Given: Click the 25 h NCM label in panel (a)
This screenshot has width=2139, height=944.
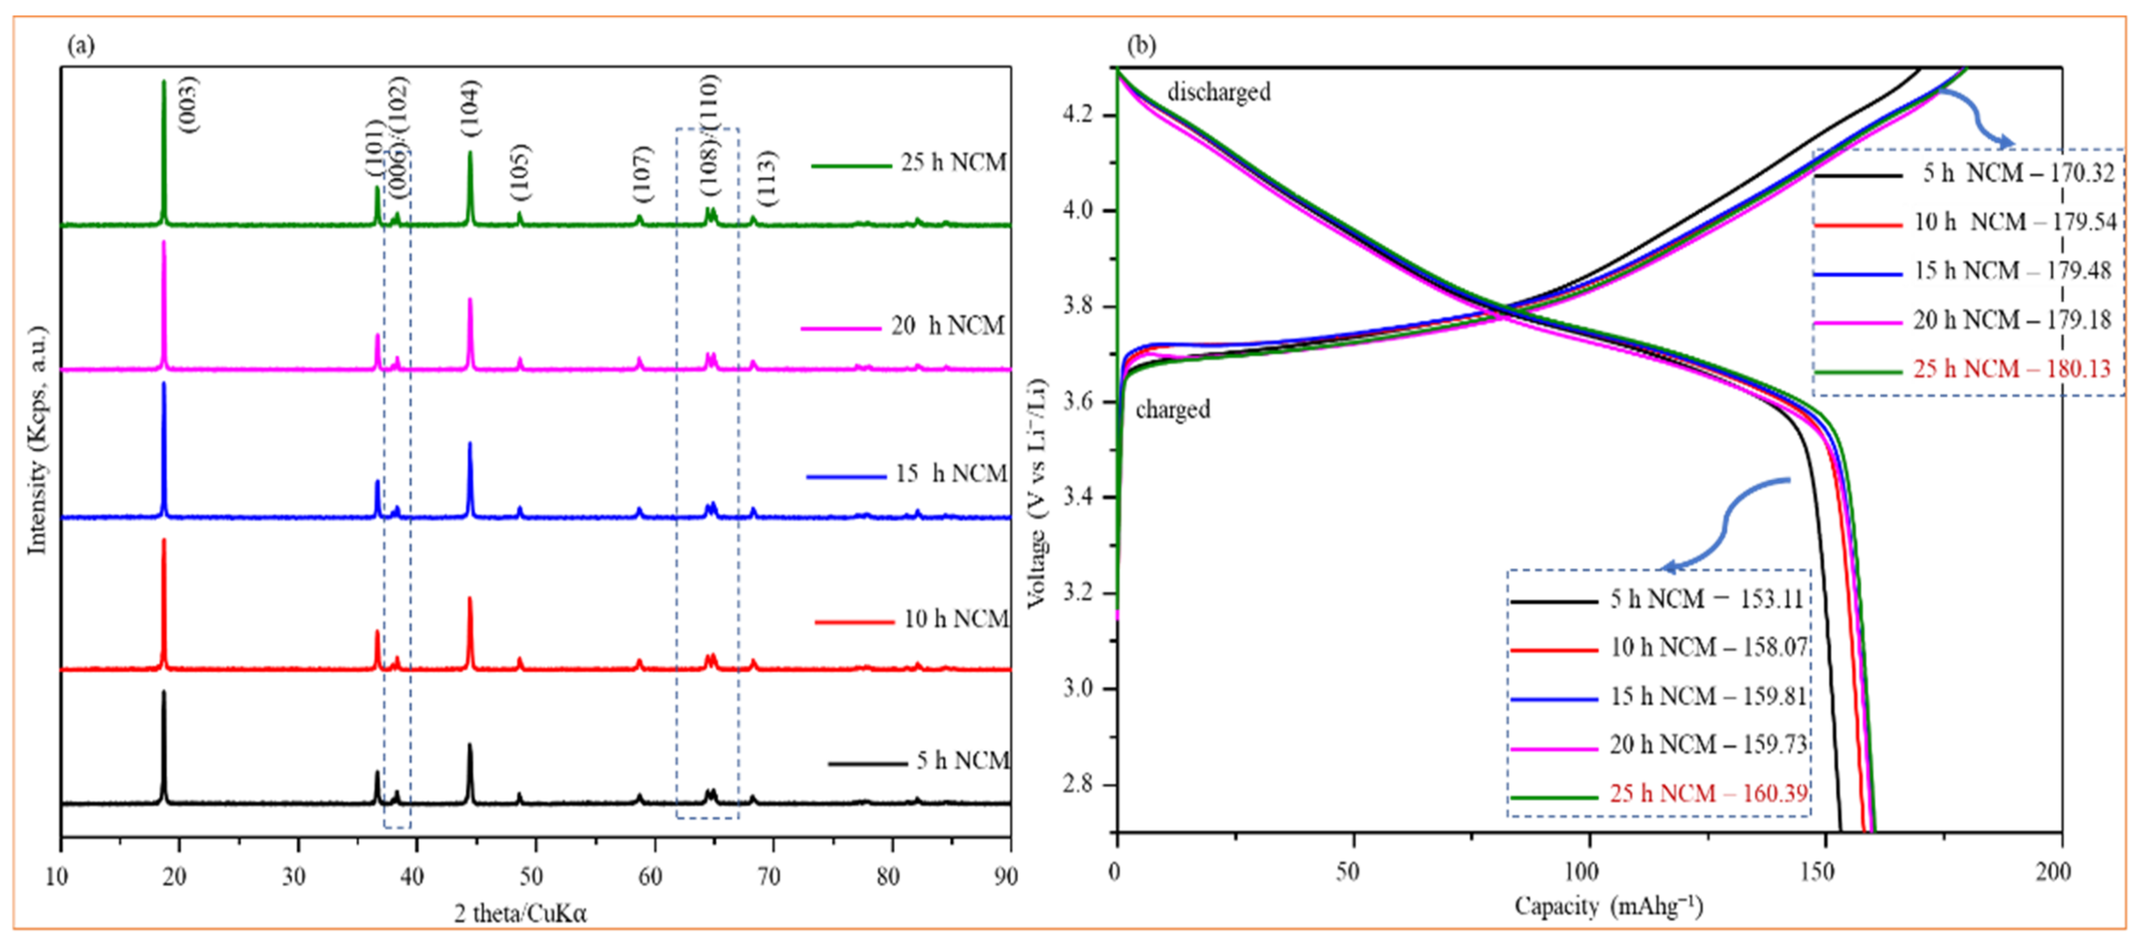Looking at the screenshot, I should click(x=953, y=163).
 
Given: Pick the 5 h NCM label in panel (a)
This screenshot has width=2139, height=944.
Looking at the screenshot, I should click(x=962, y=760).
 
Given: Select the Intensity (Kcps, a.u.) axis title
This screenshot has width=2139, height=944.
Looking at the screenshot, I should click(x=38, y=440).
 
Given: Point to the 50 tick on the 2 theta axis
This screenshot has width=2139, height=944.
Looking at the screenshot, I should click(x=531, y=876).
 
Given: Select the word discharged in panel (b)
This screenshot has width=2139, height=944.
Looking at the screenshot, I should click(x=1218, y=92).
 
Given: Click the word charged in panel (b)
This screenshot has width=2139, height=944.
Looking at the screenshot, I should click(x=1173, y=409).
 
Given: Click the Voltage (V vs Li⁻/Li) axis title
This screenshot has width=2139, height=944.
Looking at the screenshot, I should click(x=1037, y=493).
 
